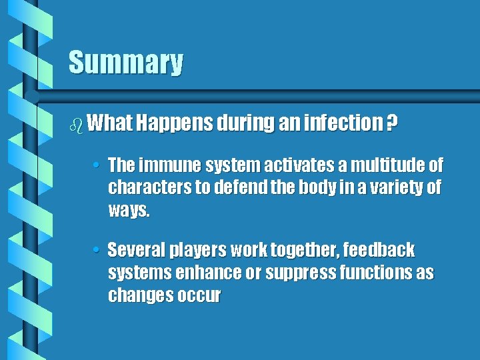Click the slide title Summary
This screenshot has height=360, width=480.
[x=125, y=63]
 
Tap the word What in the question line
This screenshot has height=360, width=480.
[x=111, y=123]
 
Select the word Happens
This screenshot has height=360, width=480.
[x=173, y=123]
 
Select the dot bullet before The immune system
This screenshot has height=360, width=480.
[x=97, y=165]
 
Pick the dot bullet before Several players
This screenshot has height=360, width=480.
[x=97, y=251]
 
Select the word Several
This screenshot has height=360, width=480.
[x=135, y=251]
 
